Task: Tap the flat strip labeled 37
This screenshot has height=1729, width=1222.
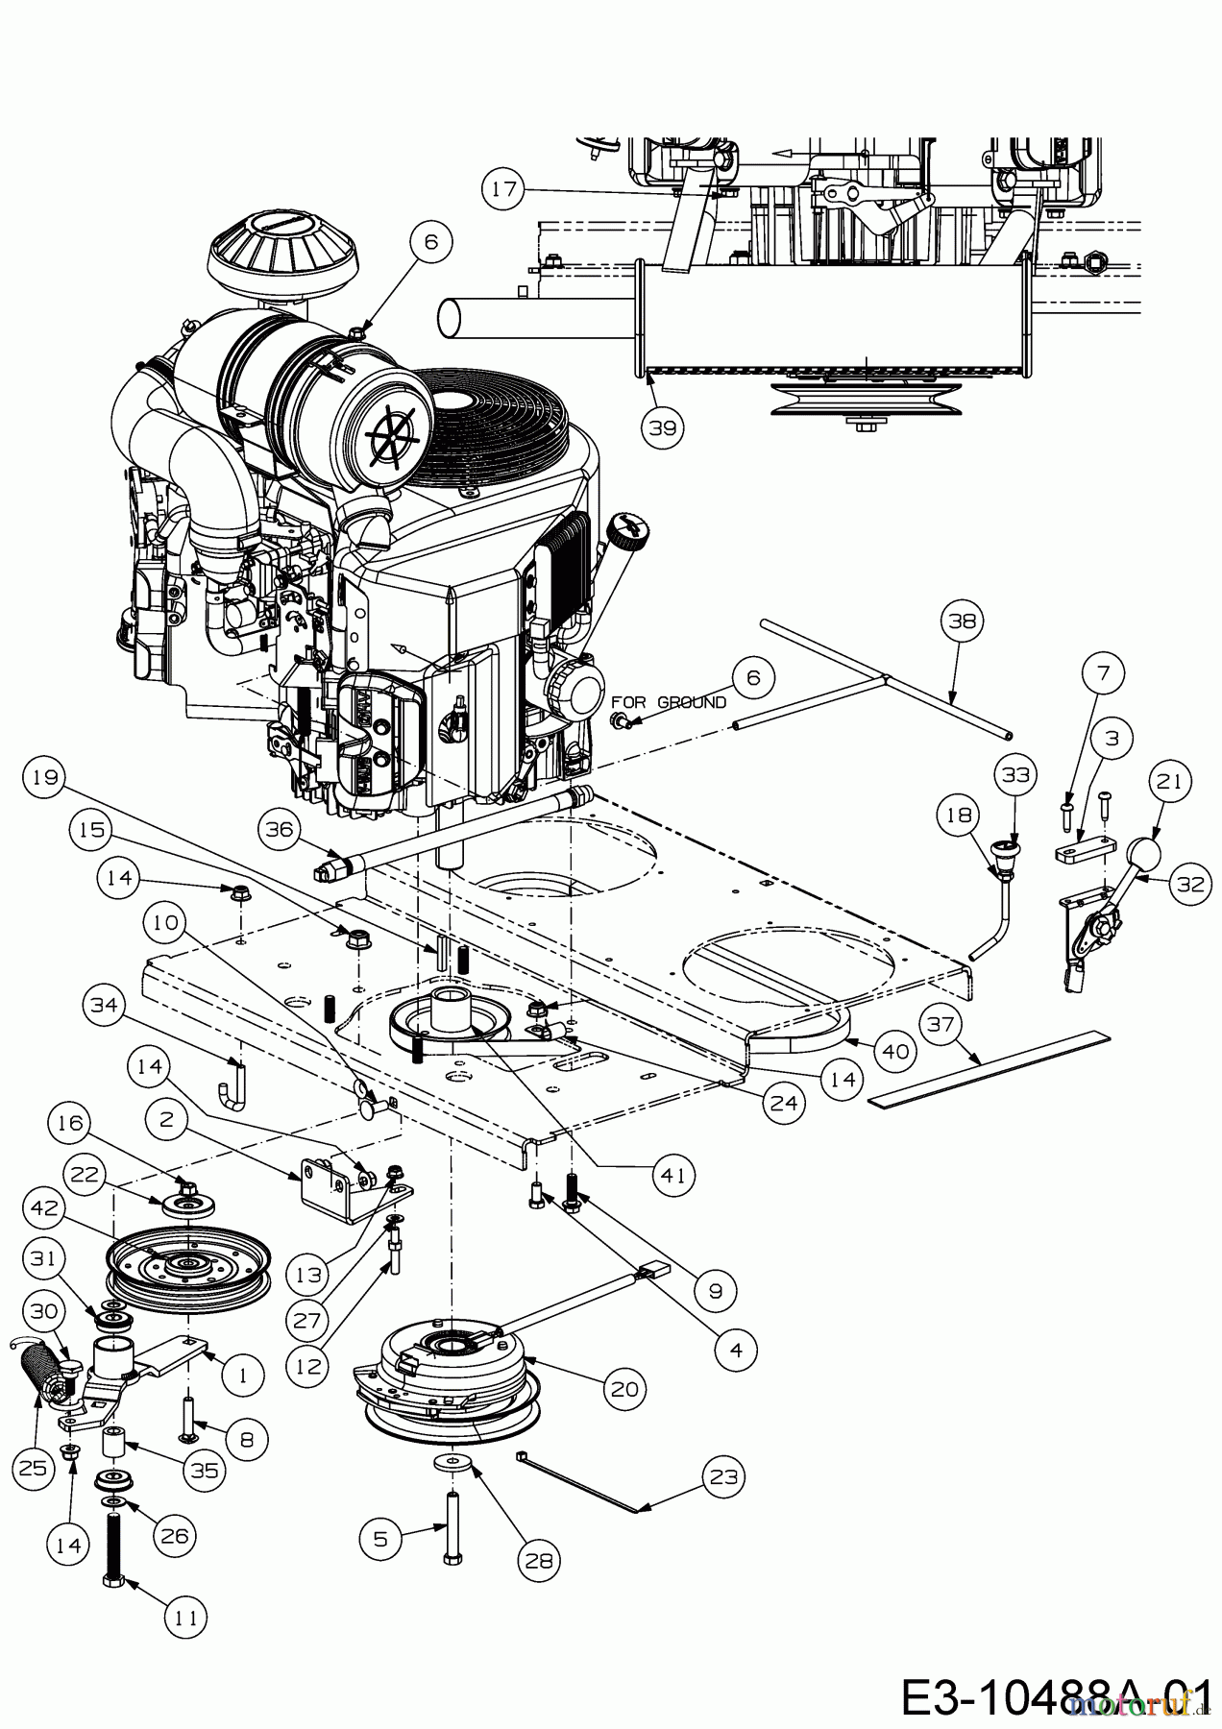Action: tap(990, 1069)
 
